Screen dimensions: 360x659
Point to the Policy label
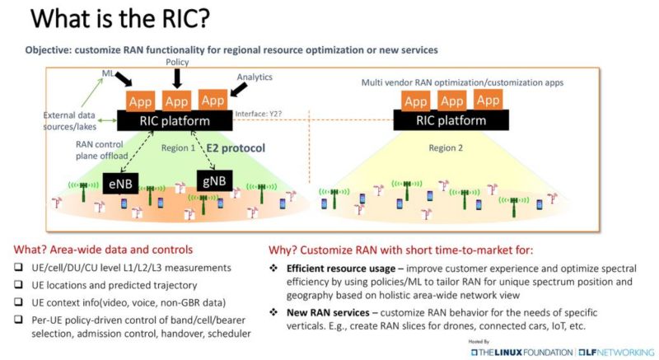click(175, 63)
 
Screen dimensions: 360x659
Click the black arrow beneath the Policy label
click(175, 77)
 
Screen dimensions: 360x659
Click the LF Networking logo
click(610, 352)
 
